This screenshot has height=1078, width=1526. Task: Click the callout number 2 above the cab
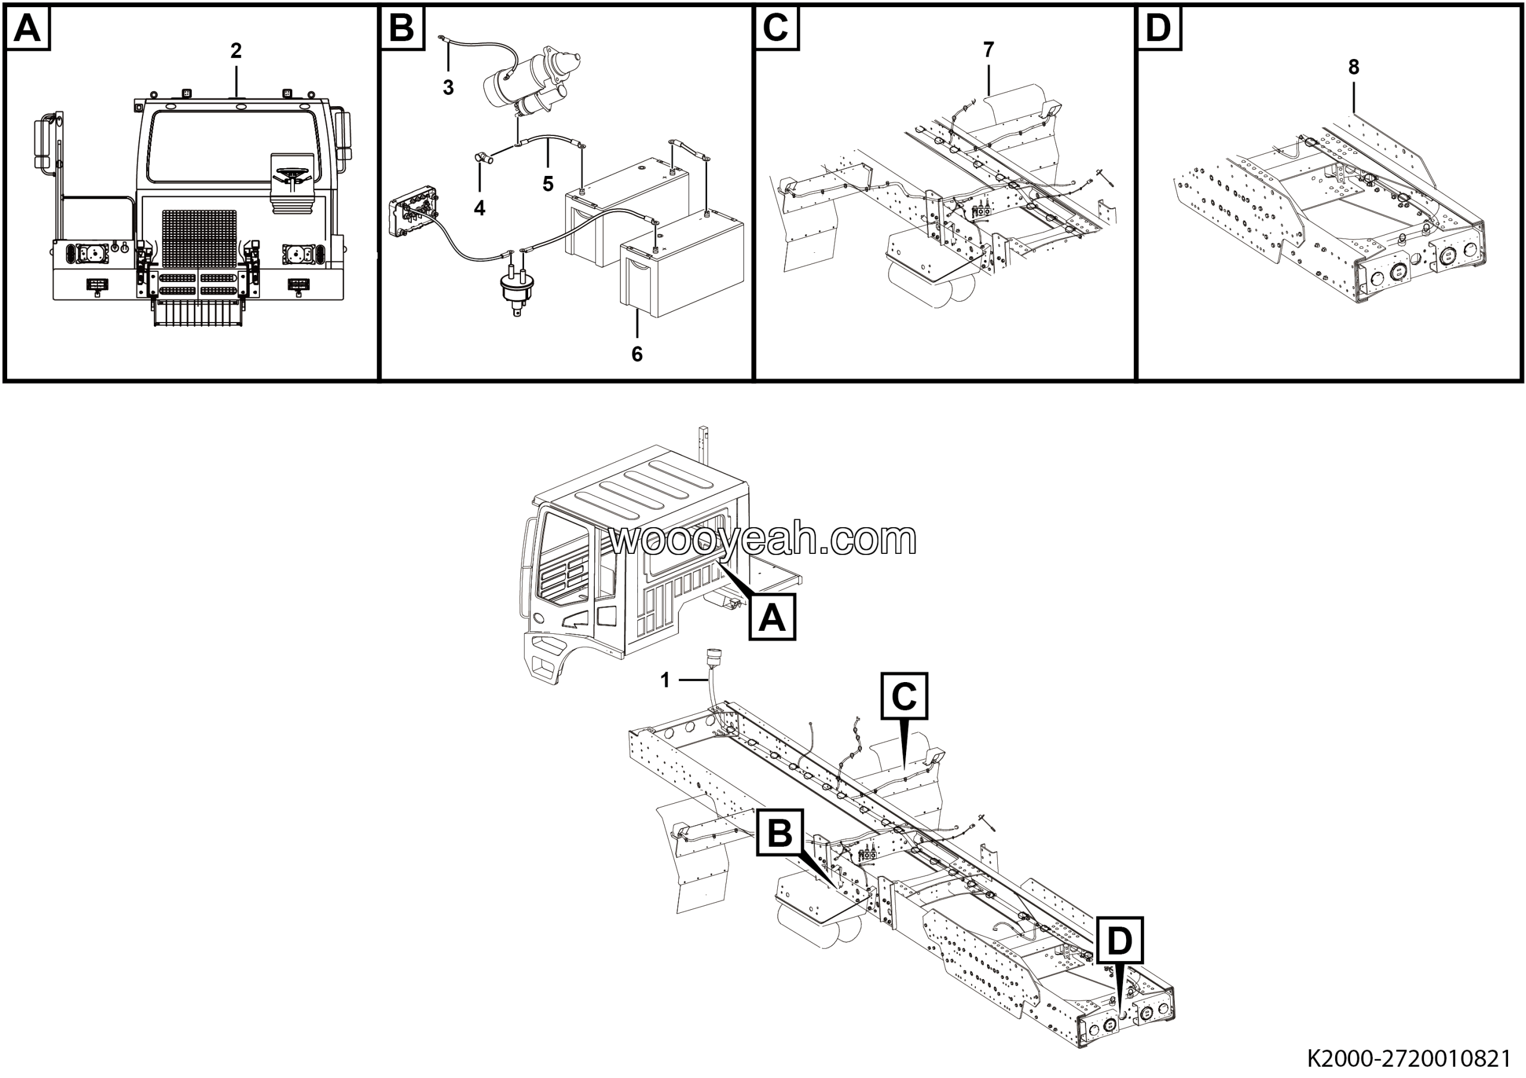(x=236, y=51)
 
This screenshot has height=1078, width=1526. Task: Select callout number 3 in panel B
(x=449, y=87)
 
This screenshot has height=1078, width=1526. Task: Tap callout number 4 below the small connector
(x=479, y=208)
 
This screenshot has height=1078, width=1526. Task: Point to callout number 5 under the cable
(x=548, y=184)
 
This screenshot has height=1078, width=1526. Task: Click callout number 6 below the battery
(x=637, y=354)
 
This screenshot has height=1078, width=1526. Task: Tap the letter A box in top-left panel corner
(x=27, y=29)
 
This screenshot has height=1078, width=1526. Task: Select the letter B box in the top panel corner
(x=401, y=29)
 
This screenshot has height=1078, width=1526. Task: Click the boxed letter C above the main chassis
(x=904, y=696)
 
